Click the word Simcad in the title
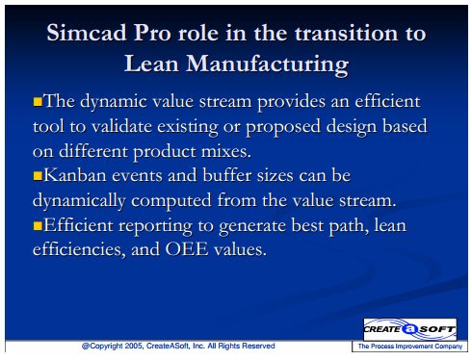click(87, 33)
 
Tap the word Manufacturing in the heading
click(268, 64)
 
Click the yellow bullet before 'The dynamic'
click(38, 102)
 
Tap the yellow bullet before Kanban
click(38, 176)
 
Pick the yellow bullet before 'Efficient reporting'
click(38, 225)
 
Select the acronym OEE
click(187, 249)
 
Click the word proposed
click(283, 127)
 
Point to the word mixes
click(226, 151)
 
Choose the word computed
click(171, 201)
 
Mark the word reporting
click(155, 226)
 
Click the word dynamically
click(79, 201)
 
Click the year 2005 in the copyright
click(134, 346)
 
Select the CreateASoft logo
click(410, 329)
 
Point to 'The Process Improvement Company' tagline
click(410, 347)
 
